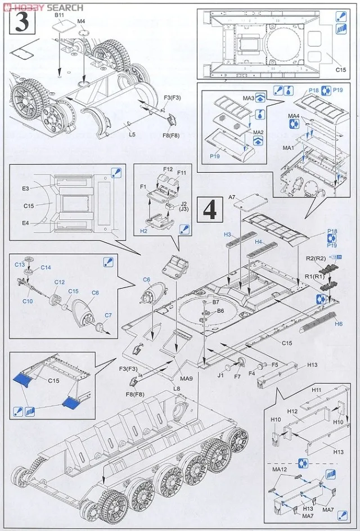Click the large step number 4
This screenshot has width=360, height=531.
(210, 210)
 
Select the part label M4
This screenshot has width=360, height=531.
(81, 21)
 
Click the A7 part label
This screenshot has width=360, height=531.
(232, 197)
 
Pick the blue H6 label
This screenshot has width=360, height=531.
(338, 325)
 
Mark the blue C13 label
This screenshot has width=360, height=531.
(20, 264)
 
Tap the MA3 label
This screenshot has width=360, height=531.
(249, 98)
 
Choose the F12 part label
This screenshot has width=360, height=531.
(168, 169)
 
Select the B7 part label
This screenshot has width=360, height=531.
(215, 303)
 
